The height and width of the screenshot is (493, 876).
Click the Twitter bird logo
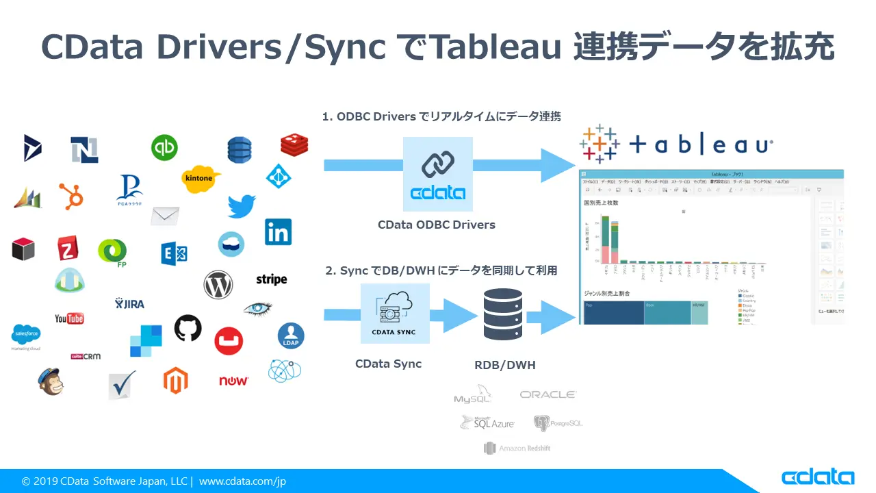[242, 206]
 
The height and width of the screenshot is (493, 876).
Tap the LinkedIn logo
[278, 232]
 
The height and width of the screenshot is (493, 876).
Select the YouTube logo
[69, 318]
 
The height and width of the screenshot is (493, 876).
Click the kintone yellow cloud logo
[199, 178]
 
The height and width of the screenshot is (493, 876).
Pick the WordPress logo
[218, 284]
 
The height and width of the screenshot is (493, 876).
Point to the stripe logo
[271, 279]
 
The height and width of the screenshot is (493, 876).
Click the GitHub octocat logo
[188, 328]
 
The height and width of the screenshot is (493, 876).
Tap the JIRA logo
[129, 303]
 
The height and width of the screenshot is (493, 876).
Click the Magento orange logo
[175, 380]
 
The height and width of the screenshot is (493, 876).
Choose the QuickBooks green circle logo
[164, 147]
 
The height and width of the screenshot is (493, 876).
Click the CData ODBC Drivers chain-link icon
[437, 165]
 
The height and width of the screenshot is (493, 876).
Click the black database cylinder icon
[502, 314]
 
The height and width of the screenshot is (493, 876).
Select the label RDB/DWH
[505, 366]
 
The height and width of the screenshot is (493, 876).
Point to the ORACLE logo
[547, 394]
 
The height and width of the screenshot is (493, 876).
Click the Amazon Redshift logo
[517, 448]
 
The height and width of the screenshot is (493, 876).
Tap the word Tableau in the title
[487, 47]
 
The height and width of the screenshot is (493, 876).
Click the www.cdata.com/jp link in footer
[242, 481]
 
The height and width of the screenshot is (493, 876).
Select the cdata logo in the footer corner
[818, 477]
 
